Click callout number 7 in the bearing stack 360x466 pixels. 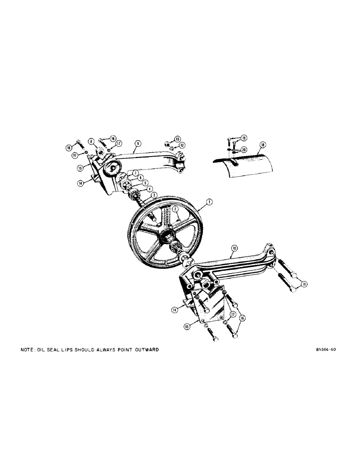(135, 173)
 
